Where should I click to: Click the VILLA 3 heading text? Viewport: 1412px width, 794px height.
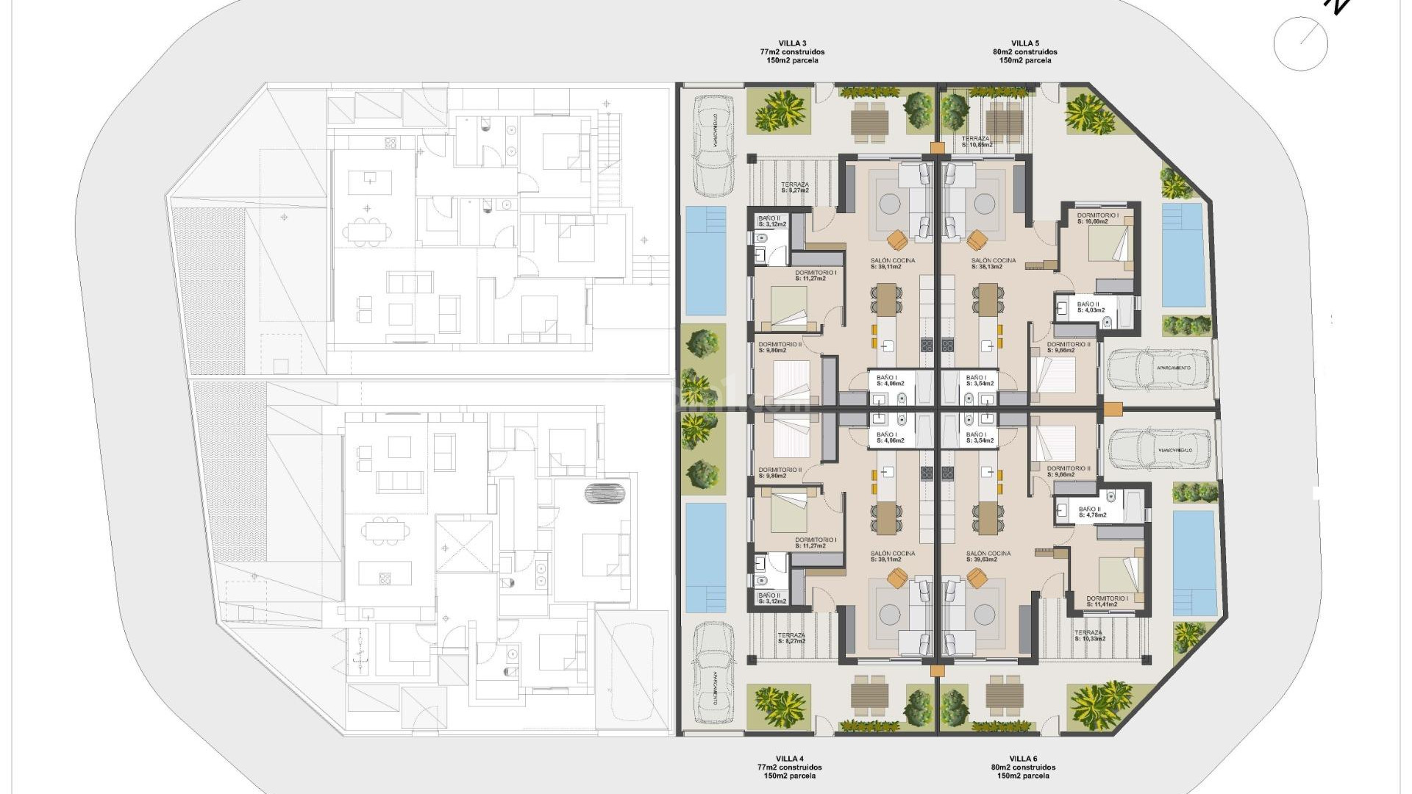(792, 43)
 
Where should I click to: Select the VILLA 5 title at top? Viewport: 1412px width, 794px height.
(1024, 43)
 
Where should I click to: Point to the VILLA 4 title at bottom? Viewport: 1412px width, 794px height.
(789, 759)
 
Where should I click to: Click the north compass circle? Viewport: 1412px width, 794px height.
(1300, 44)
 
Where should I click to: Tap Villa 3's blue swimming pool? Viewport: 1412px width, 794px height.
(705, 261)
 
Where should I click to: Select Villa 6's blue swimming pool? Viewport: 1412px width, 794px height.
(1194, 562)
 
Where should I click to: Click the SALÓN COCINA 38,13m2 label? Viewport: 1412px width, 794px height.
(993, 263)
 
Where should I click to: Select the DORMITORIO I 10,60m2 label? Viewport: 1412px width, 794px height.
(1097, 218)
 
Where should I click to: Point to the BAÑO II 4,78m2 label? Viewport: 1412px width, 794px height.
(1091, 512)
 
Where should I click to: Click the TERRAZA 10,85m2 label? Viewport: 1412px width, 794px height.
(976, 142)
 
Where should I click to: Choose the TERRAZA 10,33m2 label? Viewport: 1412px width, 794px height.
(1088, 635)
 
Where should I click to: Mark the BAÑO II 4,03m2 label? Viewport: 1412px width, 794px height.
(1090, 307)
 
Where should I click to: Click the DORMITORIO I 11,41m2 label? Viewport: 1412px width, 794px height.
(1106, 601)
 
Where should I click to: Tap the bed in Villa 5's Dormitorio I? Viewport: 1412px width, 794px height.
(1109, 245)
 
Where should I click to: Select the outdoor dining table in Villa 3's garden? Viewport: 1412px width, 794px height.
(870, 121)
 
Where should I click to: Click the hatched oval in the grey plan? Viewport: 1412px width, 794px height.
(606, 493)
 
